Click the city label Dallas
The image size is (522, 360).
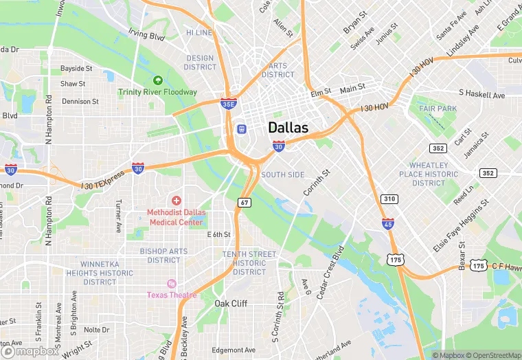pyautogui.click(x=288, y=128)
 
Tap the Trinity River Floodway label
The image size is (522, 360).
pyautogui.click(x=157, y=92)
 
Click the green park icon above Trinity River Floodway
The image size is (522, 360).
pyautogui.click(x=158, y=80)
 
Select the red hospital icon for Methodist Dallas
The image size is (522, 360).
pyautogui.click(x=177, y=200)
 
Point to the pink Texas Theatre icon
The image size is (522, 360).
pyautogui.click(x=171, y=284)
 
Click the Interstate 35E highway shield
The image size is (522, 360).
pyautogui.click(x=229, y=104)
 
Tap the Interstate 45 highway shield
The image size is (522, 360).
pyautogui.click(x=388, y=223)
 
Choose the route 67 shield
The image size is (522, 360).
pyautogui.click(x=244, y=202)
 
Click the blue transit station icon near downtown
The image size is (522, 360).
pyautogui.click(x=241, y=128)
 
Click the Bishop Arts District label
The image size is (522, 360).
pyautogui.click(x=163, y=256)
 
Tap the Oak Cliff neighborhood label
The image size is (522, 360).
pyautogui.click(x=231, y=304)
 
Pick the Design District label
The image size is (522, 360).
pyautogui.click(x=201, y=63)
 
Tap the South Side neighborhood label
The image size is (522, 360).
pyautogui.click(x=282, y=175)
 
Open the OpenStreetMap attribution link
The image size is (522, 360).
pyautogui.click(x=492, y=355)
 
